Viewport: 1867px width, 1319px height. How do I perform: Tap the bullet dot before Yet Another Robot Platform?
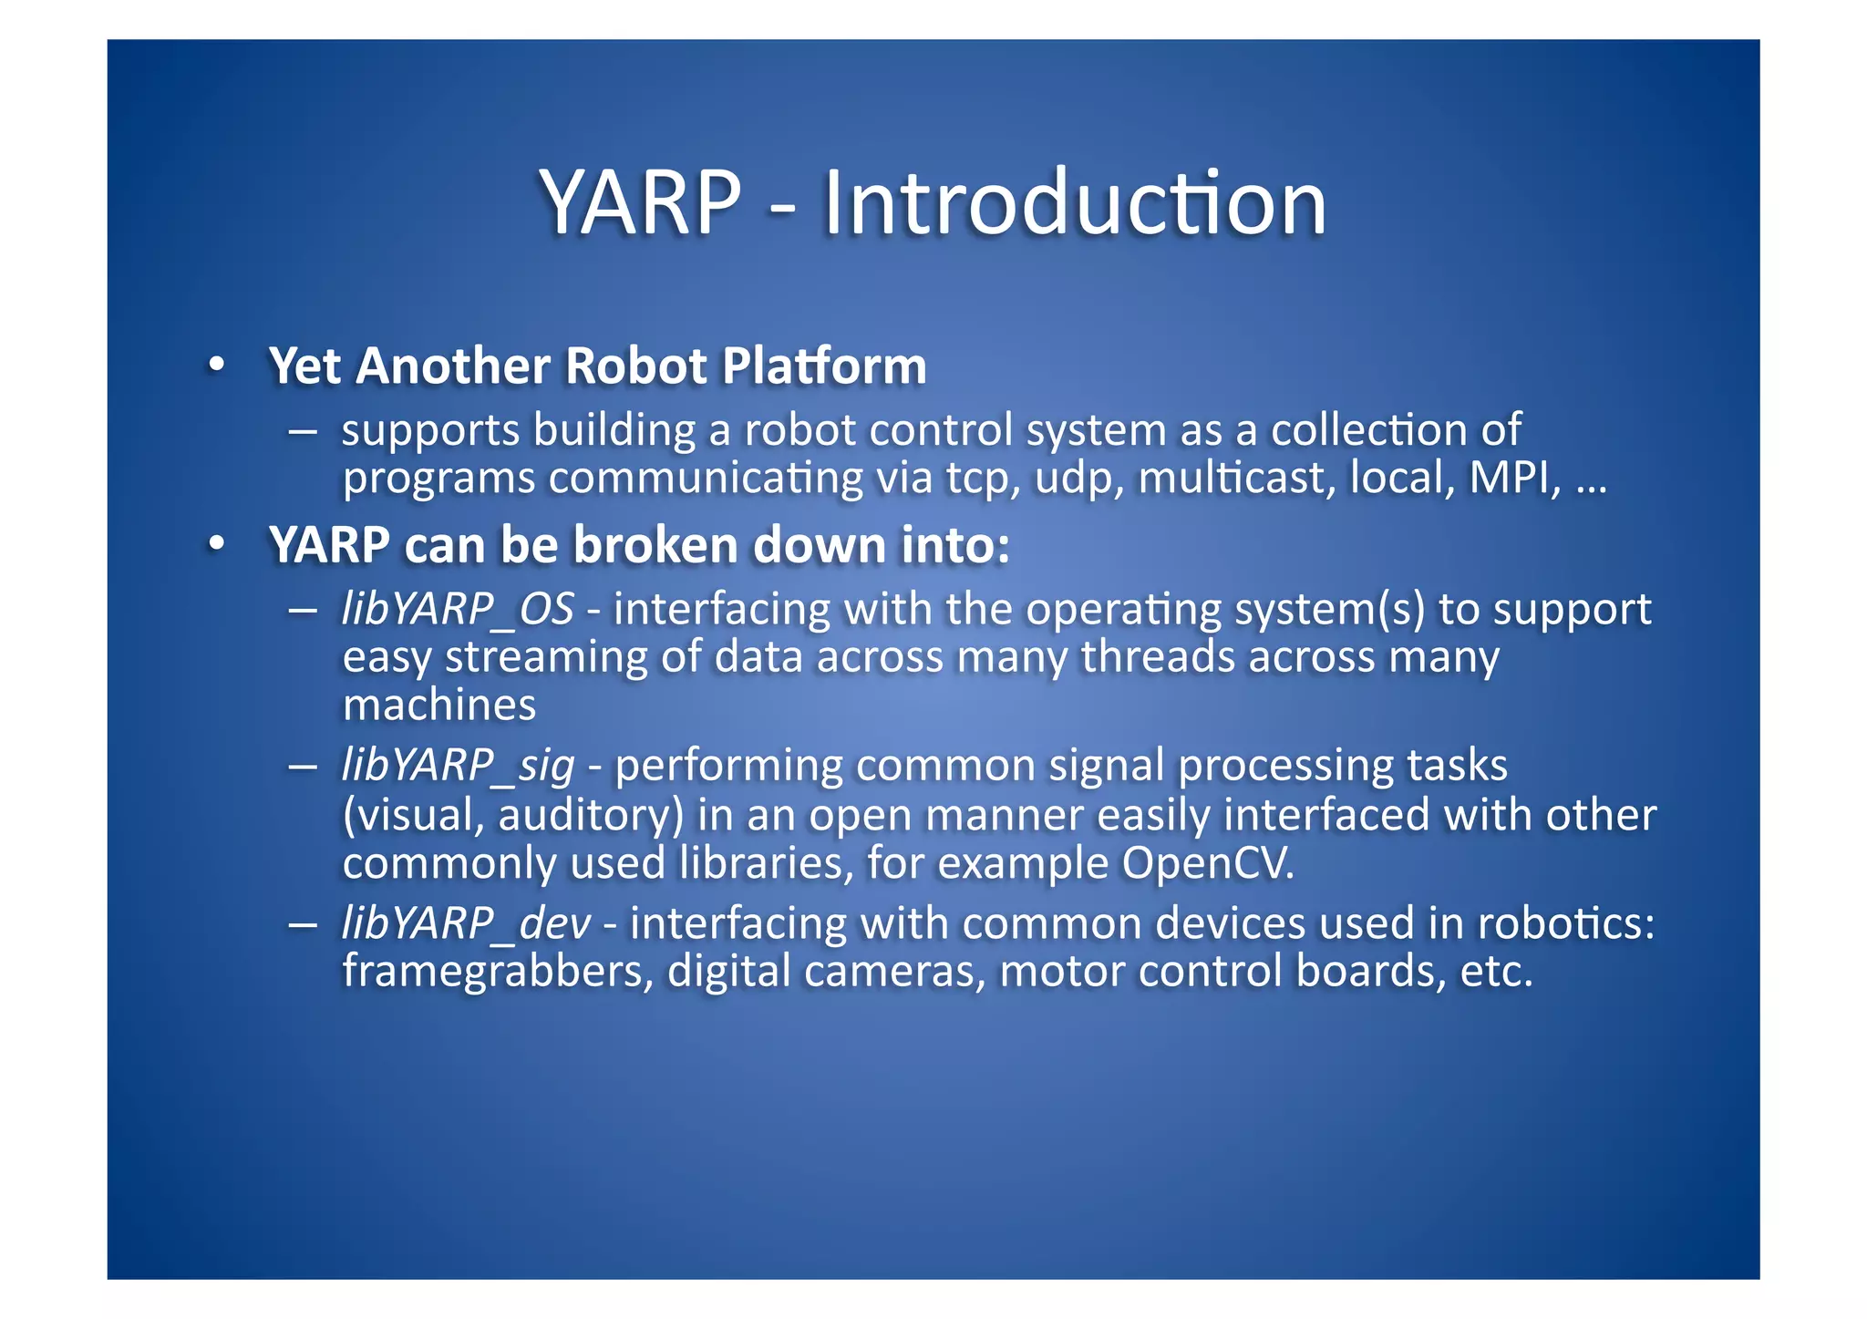(x=216, y=365)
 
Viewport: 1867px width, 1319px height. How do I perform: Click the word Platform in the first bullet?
(x=823, y=366)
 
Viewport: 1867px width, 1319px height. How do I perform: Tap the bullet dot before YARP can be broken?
(x=216, y=544)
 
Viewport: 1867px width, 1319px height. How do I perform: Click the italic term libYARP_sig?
(x=458, y=766)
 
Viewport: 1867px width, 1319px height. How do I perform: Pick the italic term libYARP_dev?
(x=466, y=923)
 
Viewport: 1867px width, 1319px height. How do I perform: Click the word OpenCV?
(x=1207, y=862)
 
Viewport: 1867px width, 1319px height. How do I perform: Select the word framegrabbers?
(x=498, y=972)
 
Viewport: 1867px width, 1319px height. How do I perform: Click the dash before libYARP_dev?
(x=303, y=924)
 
